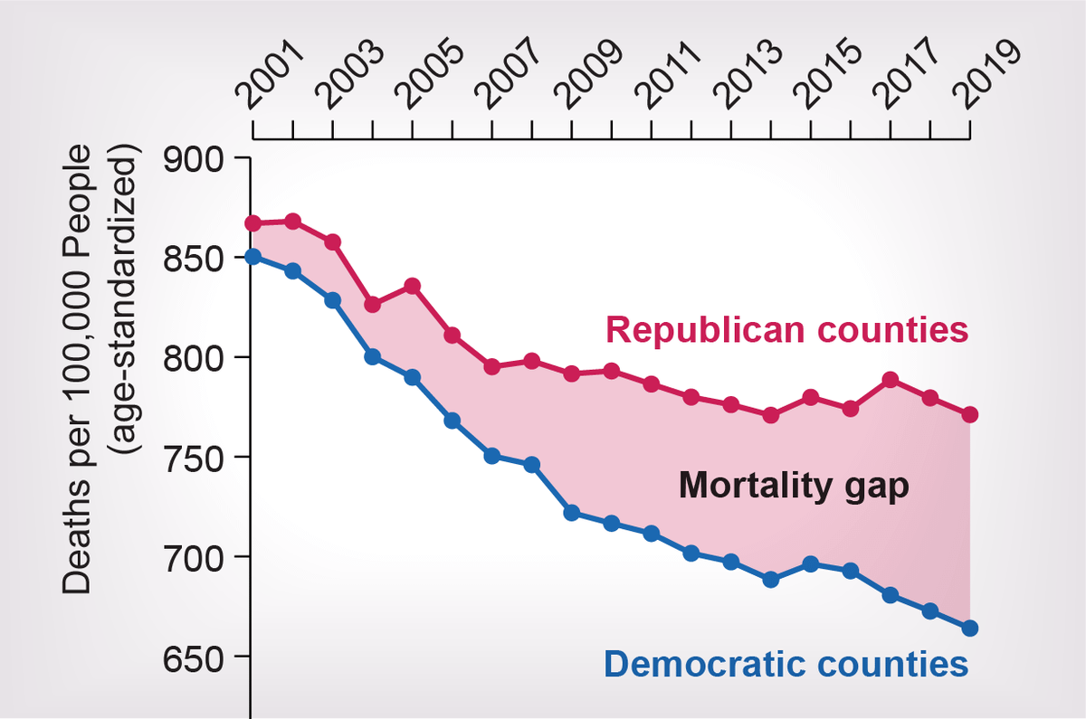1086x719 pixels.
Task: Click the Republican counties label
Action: click(787, 329)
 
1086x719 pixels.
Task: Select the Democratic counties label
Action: click(786, 666)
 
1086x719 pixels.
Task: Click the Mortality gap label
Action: click(794, 487)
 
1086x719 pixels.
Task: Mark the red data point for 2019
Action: click(970, 414)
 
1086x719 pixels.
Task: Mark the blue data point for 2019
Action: click(970, 628)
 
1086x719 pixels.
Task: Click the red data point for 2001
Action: click(253, 223)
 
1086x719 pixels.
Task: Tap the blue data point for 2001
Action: click(253, 256)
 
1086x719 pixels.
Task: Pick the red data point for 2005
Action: click(413, 286)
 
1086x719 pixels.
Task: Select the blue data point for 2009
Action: click(572, 513)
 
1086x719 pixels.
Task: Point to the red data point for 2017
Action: click(891, 380)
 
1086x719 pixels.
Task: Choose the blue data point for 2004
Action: click(373, 356)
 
